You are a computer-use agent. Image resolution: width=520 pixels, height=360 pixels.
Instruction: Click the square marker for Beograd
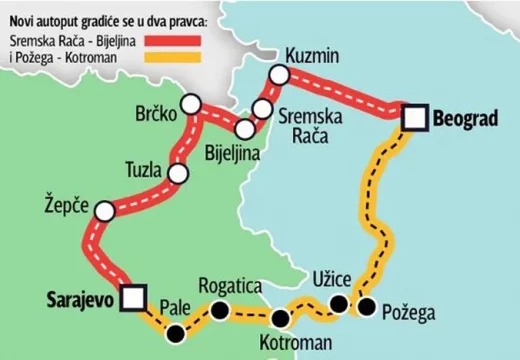pos(416,119)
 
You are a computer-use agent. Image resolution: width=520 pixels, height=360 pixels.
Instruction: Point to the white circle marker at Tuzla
pos(178,174)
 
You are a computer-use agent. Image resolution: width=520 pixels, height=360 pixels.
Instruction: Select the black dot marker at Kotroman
pos(281,319)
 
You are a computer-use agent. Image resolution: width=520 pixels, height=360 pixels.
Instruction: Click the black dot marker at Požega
pos(368,306)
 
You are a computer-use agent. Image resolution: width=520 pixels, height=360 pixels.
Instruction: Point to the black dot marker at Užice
pos(340,303)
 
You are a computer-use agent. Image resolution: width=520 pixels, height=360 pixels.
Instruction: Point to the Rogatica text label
pos(231,286)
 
